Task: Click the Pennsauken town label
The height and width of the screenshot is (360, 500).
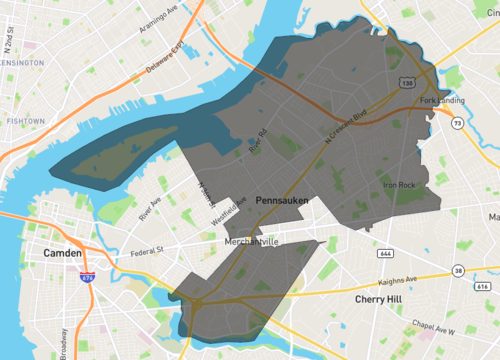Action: click(282, 201)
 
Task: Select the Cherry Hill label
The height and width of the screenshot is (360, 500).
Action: click(383, 299)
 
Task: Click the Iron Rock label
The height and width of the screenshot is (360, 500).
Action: click(399, 185)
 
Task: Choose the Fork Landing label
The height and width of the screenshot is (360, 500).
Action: click(443, 99)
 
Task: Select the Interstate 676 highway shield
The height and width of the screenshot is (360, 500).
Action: click(88, 279)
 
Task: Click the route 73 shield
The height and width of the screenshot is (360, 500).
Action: click(456, 123)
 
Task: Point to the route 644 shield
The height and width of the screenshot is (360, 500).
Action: click(358, 254)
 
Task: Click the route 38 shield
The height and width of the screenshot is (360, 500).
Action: click(457, 270)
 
